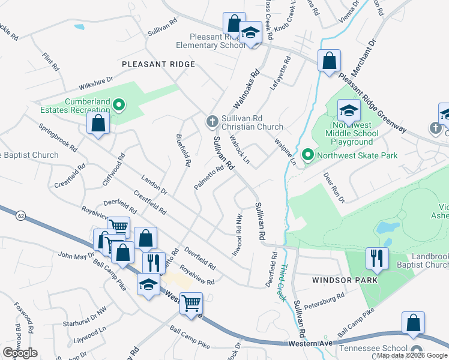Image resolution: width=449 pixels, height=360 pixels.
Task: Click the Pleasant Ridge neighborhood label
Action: (x=158, y=64)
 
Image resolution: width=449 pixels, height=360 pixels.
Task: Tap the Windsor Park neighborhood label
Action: (x=345, y=280)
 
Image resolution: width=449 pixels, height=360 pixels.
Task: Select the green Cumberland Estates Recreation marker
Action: (x=119, y=106)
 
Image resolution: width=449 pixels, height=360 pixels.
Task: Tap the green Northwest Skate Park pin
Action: (x=308, y=155)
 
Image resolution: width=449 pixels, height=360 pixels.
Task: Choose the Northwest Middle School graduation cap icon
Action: (x=349, y=111)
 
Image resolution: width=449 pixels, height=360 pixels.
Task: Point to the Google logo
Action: (x=20, y=352)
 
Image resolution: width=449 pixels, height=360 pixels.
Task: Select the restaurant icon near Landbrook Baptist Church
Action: (x=377, y=258)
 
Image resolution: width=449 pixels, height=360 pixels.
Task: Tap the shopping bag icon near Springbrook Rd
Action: (x=98, y=124)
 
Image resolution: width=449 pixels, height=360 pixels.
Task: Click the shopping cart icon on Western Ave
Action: (x=191, y=303)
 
